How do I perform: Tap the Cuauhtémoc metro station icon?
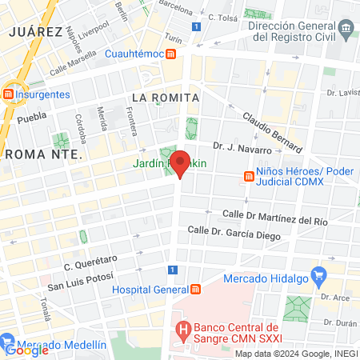pos(171,54)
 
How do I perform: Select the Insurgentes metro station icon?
pos(8,94)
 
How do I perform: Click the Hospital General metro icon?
pos(196,289)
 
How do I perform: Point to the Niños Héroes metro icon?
pos(249,177)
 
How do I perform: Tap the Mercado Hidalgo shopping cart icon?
pos(318,278)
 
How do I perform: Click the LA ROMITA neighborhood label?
pos(164,97)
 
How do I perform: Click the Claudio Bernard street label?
pos(273,131)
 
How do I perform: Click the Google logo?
pos(26,350)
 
